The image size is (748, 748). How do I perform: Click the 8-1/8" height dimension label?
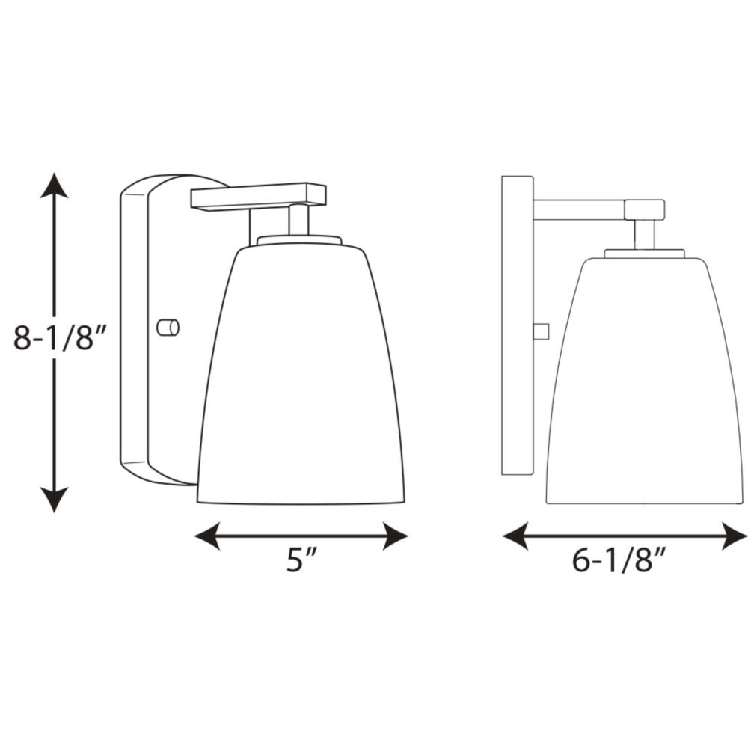coord(58,338)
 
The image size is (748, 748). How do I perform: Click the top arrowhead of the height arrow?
coord(54,185)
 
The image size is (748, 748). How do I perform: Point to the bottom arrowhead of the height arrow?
coord(54,500)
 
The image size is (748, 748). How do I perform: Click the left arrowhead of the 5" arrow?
coord(207,536)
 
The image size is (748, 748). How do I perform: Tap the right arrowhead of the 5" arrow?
coord(396,536)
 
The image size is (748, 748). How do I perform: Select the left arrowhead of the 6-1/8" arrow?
coord(515,536)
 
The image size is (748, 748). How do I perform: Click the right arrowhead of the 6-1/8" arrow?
coord(735,536)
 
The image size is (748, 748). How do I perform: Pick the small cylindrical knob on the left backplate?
coord(168,328)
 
